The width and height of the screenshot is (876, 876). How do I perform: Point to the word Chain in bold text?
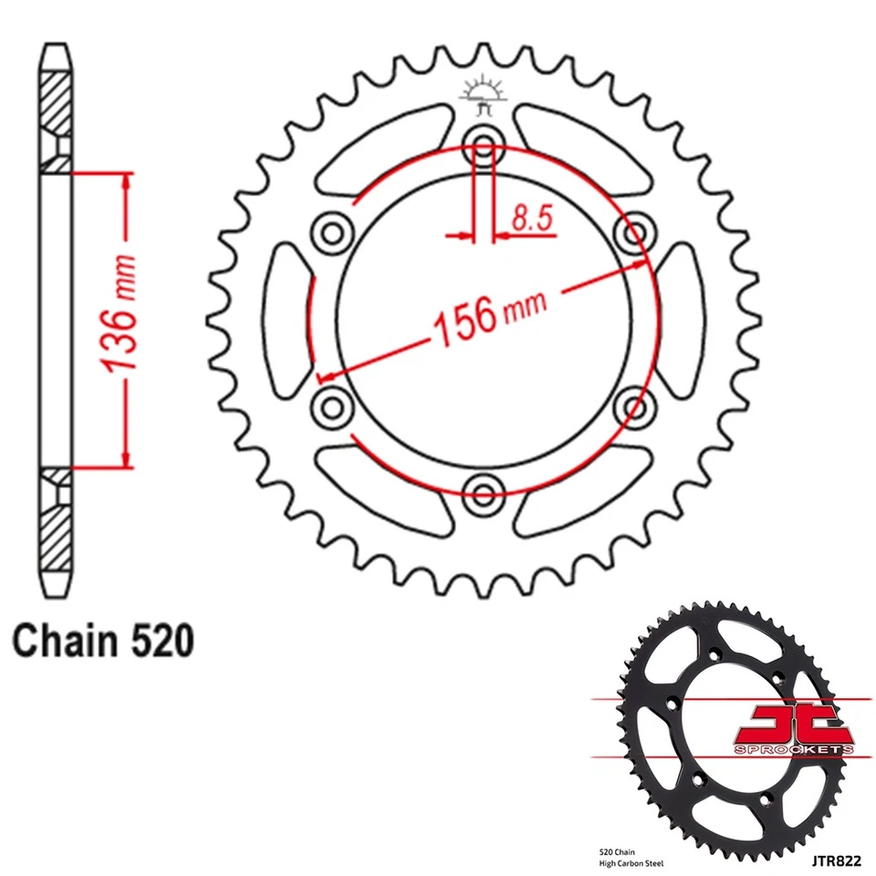point(59,641)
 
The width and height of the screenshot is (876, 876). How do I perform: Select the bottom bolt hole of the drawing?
point(483,493)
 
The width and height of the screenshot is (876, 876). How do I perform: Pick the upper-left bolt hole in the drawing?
point(330,230)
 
